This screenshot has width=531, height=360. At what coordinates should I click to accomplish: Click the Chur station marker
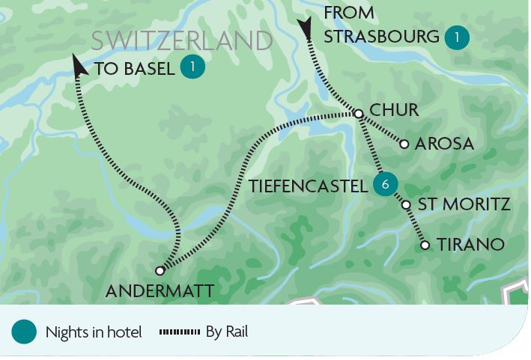click(x=358, y=114)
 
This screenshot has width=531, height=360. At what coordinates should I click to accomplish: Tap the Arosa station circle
click(x=404, y=144)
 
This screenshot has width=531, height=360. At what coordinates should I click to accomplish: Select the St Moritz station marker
click(x=406, y=204)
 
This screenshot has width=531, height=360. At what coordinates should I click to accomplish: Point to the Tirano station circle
click(x=425, y=245)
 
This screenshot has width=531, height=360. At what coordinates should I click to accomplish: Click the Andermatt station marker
click(x=160, y=270)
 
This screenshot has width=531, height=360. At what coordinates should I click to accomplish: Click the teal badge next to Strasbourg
click(x=456, y=37)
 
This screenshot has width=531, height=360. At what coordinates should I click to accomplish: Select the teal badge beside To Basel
click(x=192, y=67)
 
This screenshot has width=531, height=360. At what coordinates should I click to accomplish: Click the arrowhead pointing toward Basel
click(x=79, y=65)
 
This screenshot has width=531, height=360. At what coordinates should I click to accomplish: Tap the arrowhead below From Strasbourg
click(x=305, y=29)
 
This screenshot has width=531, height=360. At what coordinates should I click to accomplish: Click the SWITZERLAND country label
click(x=181, y=41)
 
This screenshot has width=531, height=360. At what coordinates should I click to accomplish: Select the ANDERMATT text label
click(x=160, y=291)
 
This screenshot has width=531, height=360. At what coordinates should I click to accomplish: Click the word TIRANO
click(x=470, y=245)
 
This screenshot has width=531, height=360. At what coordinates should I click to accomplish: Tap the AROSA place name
click(x=444, y=144)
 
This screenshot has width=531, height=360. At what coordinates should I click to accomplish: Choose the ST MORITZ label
click(x=464, y=204)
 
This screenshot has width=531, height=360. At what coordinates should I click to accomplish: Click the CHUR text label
click(x=394, y=111)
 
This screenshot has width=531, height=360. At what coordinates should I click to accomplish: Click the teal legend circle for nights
click(x=24, y=332)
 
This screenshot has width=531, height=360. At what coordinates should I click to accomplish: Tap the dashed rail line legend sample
click(x=180, y=332)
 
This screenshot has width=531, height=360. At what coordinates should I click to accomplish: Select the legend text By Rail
click(x=226, y=332)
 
